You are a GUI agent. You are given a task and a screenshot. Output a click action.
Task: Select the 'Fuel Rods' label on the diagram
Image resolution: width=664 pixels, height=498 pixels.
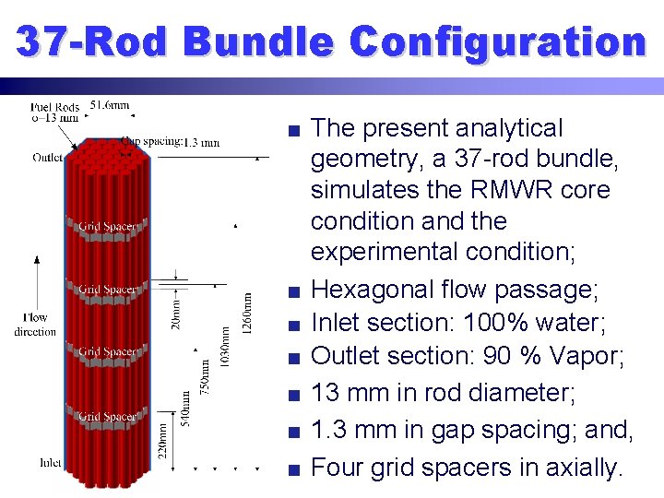54,108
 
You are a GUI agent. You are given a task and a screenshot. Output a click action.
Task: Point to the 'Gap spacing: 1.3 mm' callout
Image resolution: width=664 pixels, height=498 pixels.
171,142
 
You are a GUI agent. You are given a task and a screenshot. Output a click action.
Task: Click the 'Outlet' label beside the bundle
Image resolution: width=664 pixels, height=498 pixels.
48,157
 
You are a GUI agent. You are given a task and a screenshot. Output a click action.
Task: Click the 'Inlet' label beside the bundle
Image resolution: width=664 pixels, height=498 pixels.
51,461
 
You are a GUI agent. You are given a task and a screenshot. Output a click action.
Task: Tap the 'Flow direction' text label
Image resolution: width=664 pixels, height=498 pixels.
35,325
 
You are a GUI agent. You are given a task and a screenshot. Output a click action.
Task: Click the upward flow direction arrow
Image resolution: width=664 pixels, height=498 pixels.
37,281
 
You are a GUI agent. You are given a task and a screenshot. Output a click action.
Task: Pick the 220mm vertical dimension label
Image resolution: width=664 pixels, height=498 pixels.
163,442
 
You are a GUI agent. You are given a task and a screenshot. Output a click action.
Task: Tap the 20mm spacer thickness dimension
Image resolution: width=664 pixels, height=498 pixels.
177,310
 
